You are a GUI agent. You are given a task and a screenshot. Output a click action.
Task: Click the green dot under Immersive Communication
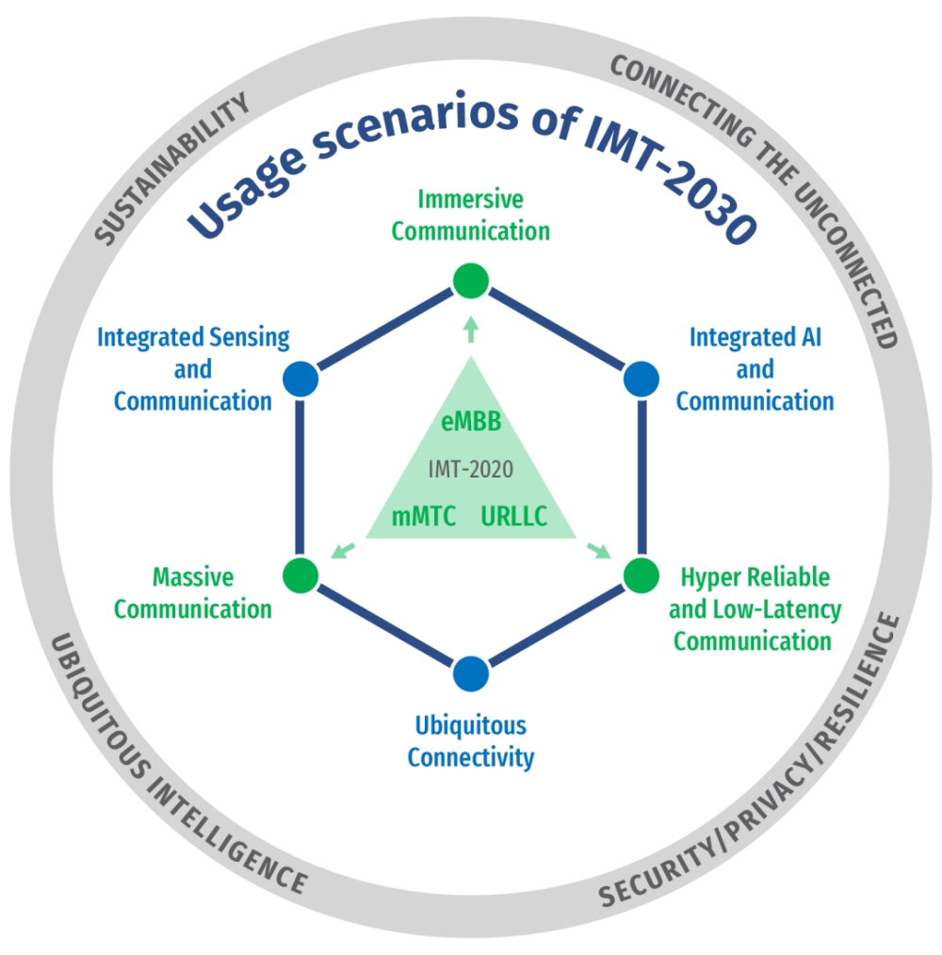(470, 280)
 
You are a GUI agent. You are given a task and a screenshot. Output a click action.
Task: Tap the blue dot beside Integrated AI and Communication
(642, 379)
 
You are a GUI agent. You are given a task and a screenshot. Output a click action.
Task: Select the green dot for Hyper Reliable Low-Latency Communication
(642, 573)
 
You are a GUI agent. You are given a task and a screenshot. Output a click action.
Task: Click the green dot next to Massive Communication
(300, 573)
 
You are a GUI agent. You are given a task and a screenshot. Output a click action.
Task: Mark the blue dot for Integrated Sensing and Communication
(300, 379)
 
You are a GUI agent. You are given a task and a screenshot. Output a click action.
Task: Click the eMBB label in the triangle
(471, 421)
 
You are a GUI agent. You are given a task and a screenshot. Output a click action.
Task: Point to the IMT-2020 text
(471, 469)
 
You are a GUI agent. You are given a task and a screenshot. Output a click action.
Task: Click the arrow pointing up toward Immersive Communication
(471, 328)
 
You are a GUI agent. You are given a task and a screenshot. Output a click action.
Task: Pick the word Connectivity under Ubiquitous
(471, 756)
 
